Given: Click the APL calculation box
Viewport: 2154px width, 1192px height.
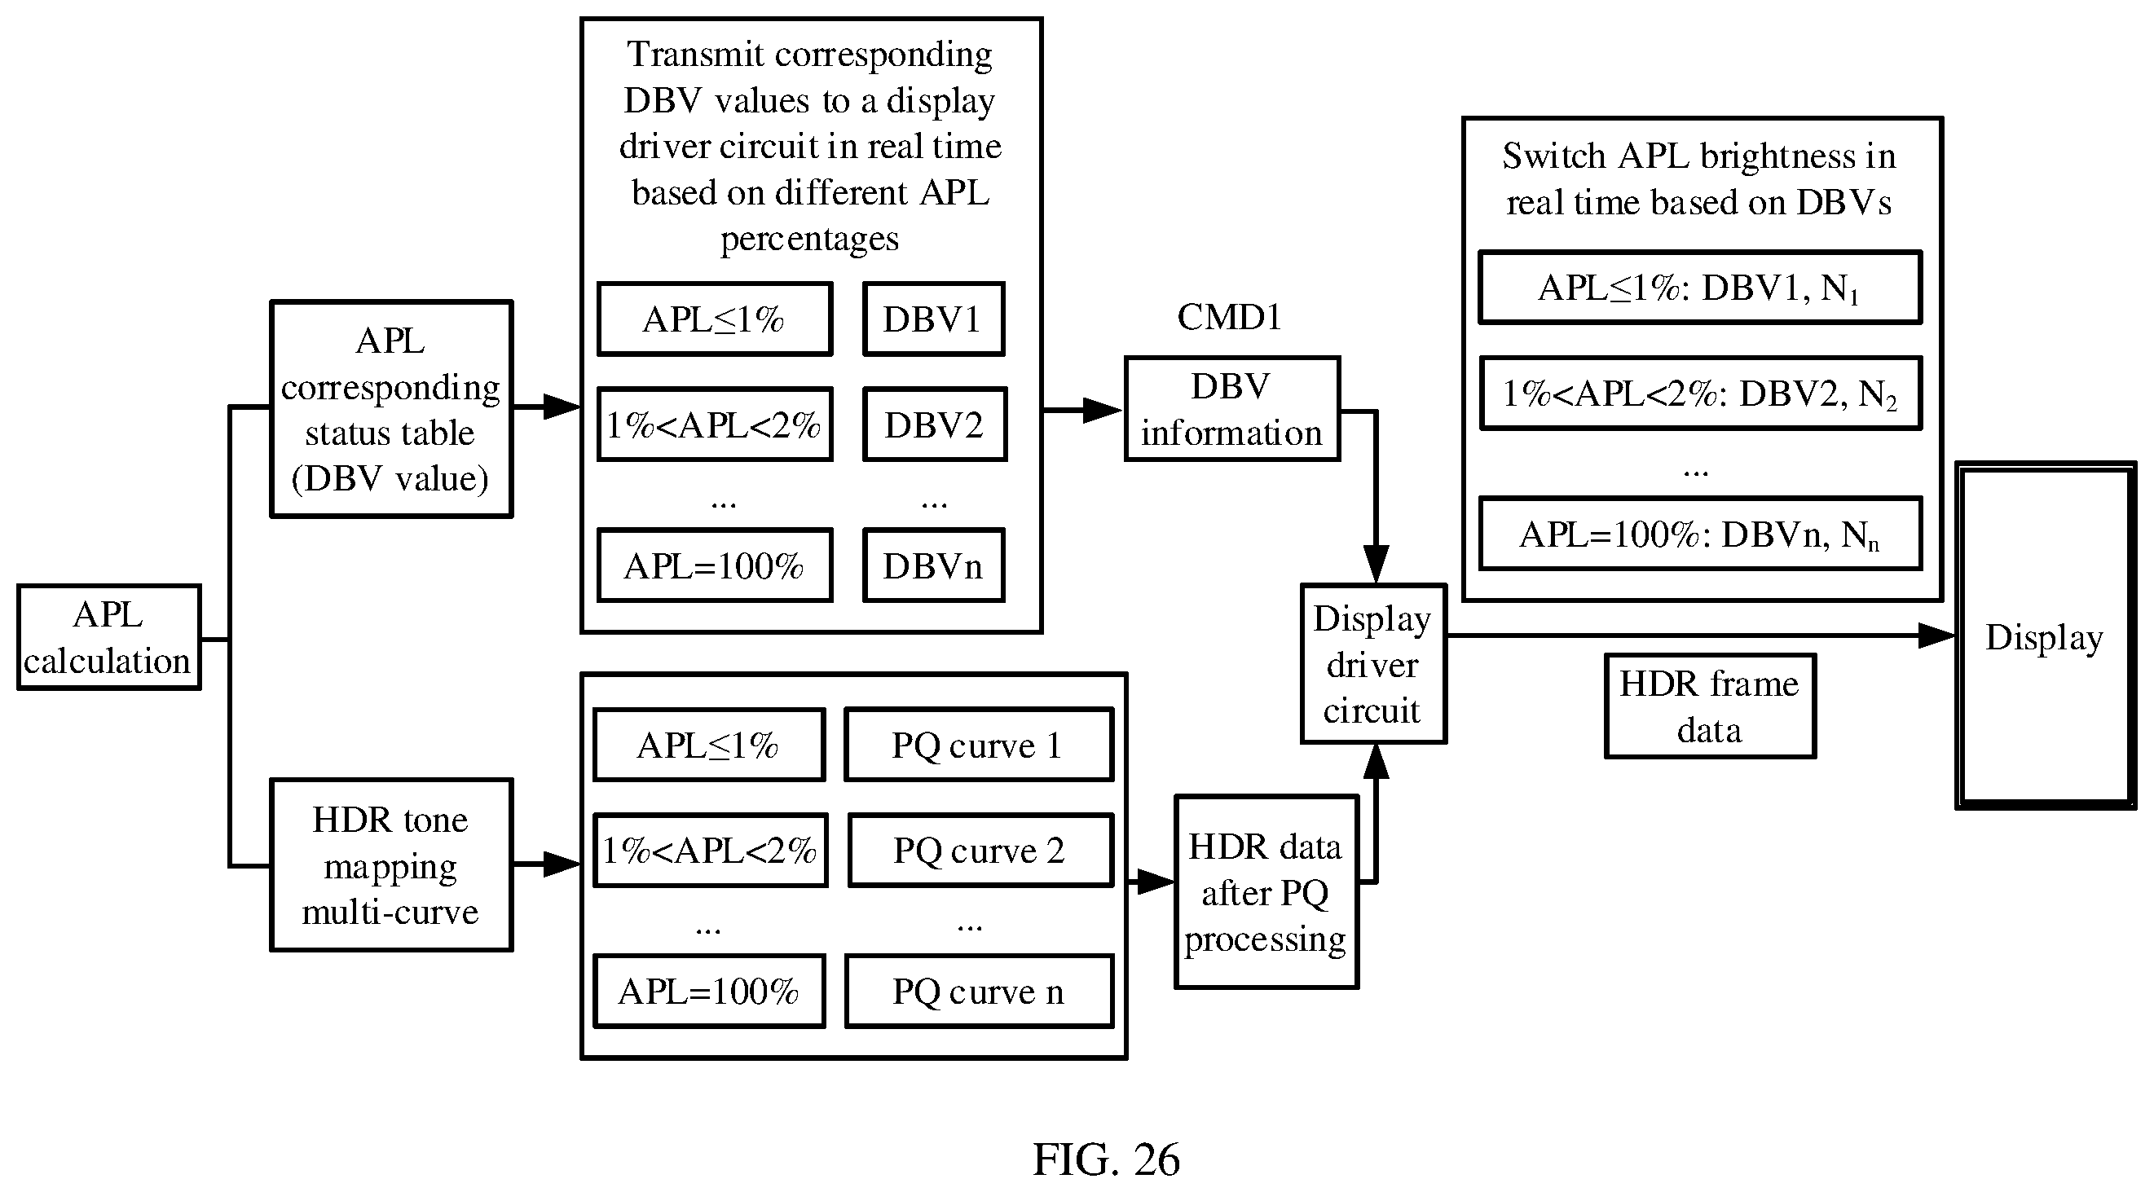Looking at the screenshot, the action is pyautogui.click(x=108, y=637).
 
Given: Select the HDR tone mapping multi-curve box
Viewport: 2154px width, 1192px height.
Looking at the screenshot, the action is pyautogui.click(x=391, y=865).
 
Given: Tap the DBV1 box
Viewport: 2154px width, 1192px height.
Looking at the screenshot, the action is pyautogui.click(x=933, y=319).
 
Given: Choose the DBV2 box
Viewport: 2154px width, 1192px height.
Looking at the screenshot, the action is pyautogui.click(x=934, y=424).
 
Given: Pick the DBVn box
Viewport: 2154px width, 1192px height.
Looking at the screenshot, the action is pyautogui.click(x=933, y=566).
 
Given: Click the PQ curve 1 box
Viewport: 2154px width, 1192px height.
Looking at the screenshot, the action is pyautogui.click(x=978, y=745).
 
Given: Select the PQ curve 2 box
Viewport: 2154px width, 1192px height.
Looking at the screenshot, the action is pyautogui.click(x=980, y=850).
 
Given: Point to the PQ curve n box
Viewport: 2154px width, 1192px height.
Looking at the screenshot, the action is pyautogui.click(x=978, y=992).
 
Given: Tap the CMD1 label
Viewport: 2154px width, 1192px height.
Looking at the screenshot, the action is pyautogui.click(x=1229, y=318).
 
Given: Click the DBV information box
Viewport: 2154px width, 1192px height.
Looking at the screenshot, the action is pyautogui.click(x=1232, y=410).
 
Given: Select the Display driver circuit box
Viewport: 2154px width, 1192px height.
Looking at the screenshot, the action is pyautogui.click(x=1373, y=664).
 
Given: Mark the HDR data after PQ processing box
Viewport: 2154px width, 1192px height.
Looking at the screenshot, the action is pyautogui.click(x=1266, y=892).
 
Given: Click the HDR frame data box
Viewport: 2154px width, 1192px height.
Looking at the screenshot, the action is pyautogui.click(x=1710, y=706).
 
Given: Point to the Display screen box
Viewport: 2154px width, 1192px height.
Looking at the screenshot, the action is pyautogui.click(x=2046, y=636).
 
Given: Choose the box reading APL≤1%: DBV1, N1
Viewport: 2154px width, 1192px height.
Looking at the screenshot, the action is pyautogui.click(x=1700, y=288).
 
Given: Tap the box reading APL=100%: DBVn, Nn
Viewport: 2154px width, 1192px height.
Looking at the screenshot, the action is pyautogui.click(x=1700, y=534).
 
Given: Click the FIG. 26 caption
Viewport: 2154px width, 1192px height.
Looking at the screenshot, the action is pyautogui.click(x=1106, y=1159).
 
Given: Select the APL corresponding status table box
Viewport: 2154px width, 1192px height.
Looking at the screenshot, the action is pyautogui.click(x=391, y=410).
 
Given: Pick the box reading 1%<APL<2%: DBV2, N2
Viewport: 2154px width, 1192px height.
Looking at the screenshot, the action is pyautogui.click(x=1700, y=394).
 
